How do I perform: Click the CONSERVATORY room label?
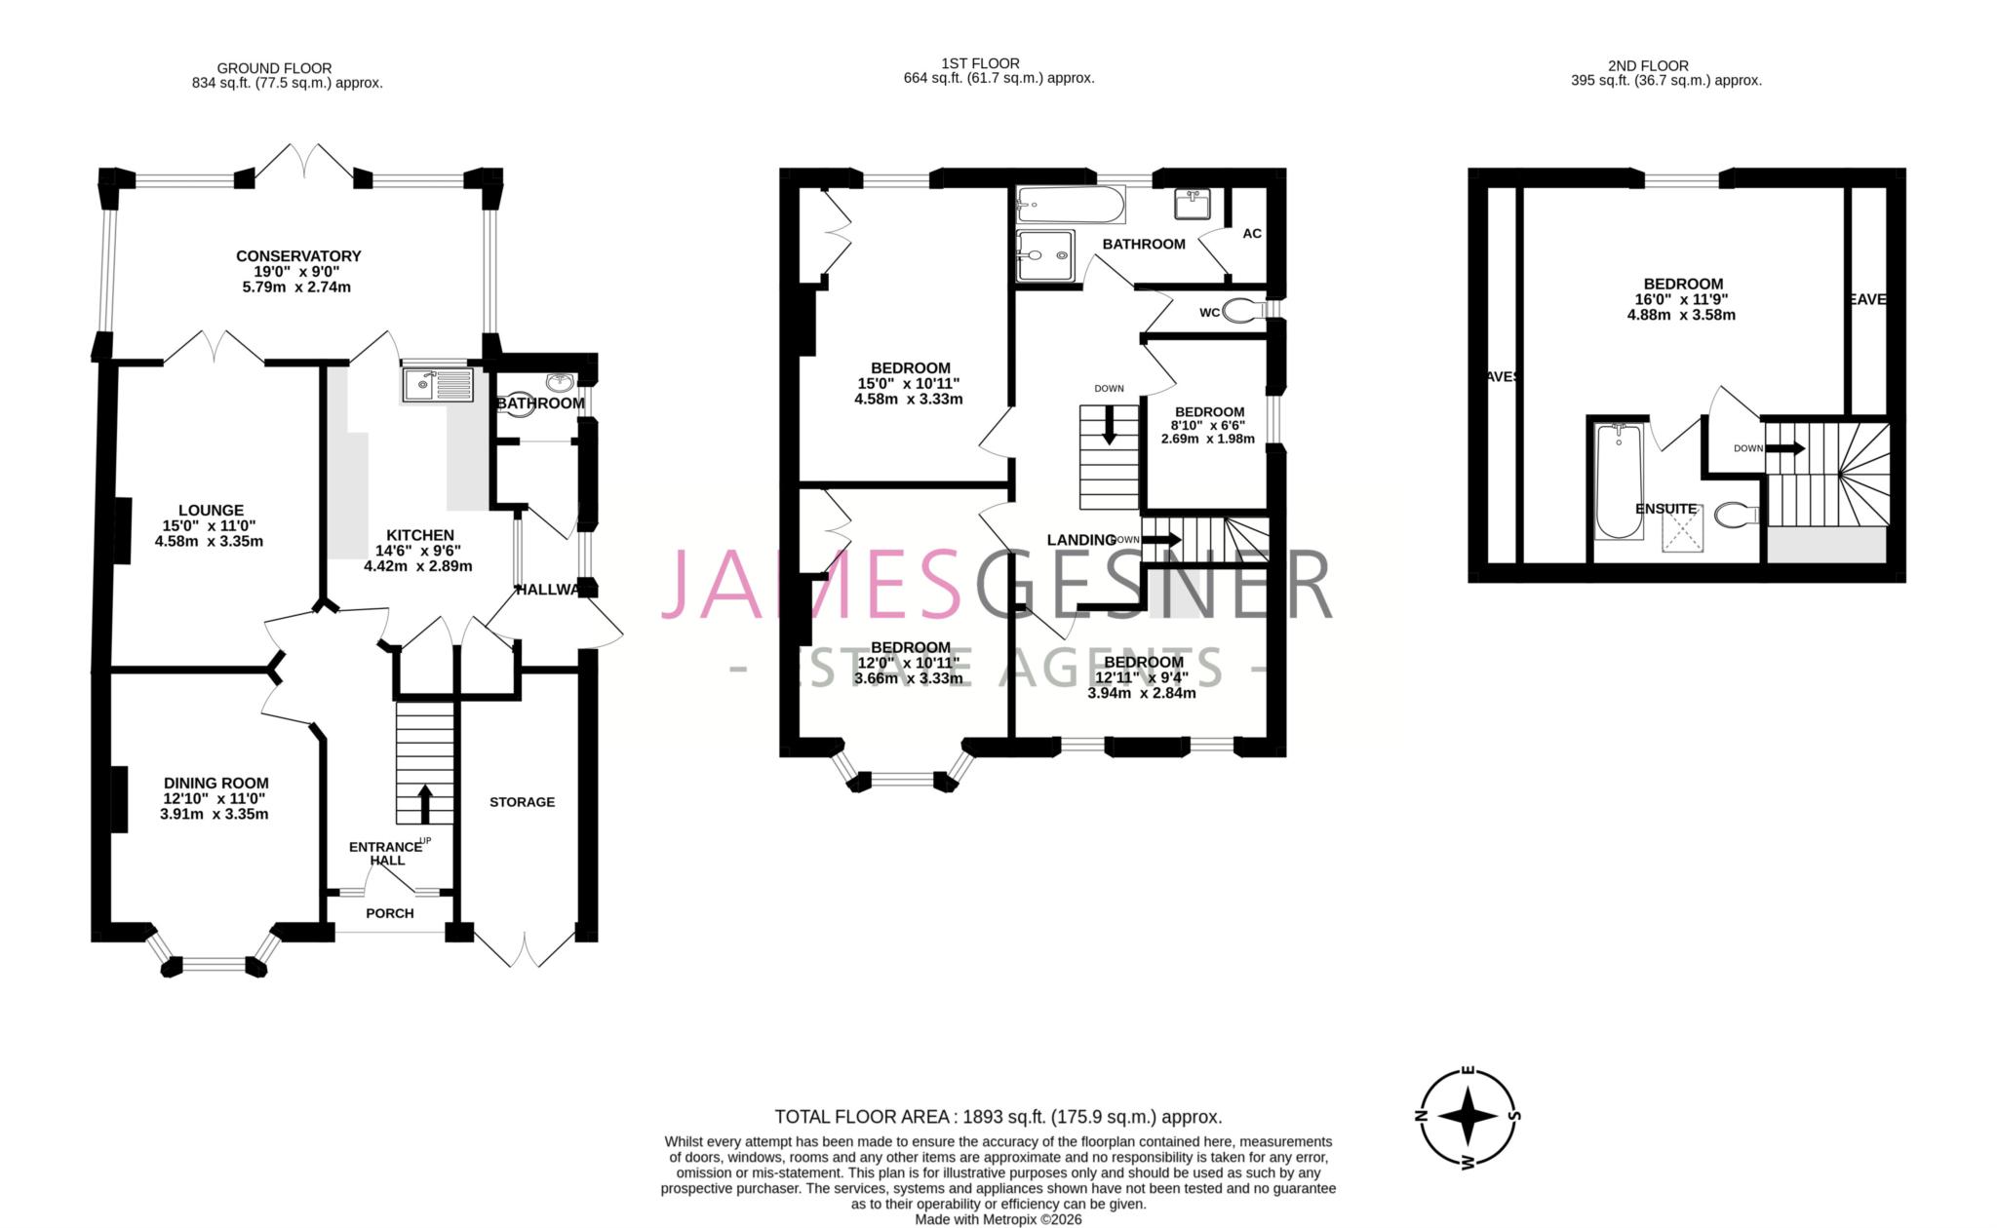tap(298, 256)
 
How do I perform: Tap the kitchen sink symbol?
tap(437, 385)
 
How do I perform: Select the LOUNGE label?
tap(211, 510)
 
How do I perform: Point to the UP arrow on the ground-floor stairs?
tap(425, 805)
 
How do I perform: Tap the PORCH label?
tap(390, 913)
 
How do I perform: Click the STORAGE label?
tap(522, 802)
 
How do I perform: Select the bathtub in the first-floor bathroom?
tap(1069, 205)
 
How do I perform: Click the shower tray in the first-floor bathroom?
tap(1044, 255)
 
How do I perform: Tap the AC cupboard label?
tap(1252, 234)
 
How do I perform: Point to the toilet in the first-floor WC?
tap(1240, 312)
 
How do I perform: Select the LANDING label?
tap(1080, 540)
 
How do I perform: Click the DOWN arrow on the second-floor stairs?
tap(1785, 448)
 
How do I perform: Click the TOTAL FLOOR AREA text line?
tap(998, 1117)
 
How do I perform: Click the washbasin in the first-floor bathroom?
tap(1193, 205)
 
